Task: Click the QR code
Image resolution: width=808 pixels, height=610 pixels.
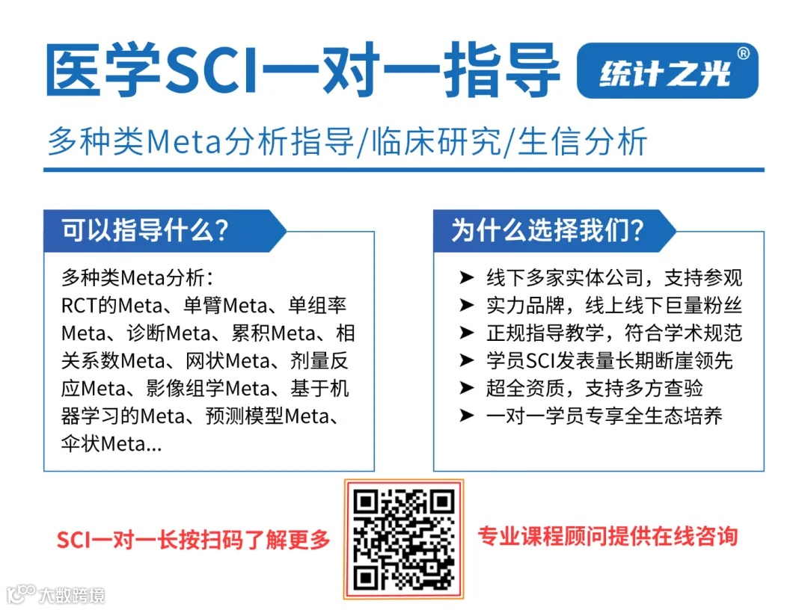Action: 403,539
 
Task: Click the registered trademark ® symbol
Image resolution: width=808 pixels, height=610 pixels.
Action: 743,54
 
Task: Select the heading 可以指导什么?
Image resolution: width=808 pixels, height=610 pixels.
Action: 145,229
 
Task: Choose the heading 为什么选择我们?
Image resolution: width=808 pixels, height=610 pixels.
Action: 547,229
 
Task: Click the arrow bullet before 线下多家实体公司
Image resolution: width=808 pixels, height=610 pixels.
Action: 467,278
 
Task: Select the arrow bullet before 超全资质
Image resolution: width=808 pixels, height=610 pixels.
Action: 467,389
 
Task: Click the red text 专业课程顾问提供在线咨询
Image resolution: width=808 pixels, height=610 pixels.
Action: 607,536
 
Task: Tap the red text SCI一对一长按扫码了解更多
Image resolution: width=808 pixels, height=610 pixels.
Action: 194,540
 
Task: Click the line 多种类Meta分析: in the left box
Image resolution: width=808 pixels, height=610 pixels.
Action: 138,278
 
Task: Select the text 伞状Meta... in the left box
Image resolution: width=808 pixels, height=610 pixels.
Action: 111,443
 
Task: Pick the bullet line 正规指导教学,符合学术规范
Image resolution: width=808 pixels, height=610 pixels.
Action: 613,333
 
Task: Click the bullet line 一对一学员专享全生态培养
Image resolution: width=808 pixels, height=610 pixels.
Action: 604,416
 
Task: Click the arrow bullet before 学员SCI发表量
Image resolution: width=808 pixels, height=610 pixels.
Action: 467,361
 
